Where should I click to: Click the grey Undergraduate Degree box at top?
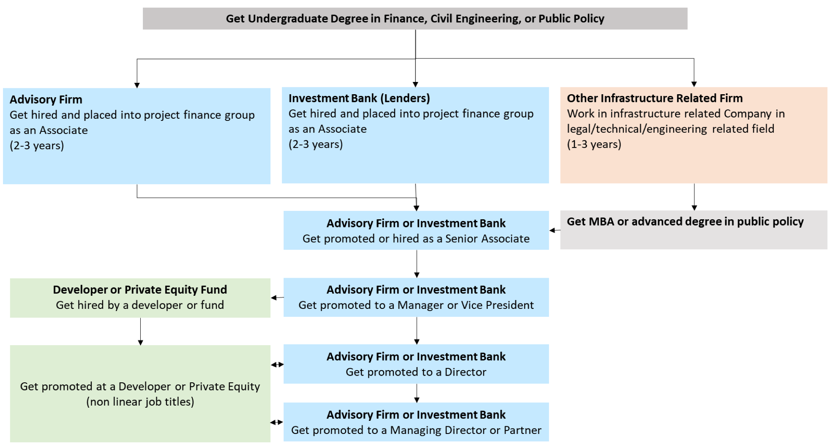coord(415,19)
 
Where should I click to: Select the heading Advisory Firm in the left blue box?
coord(46,100)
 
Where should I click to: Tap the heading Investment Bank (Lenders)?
coord(359,98)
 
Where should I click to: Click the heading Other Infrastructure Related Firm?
coord(654,98)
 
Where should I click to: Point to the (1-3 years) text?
coord(594,144)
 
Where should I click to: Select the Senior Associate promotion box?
coord(416,231)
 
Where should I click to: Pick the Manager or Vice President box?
coord(416,297)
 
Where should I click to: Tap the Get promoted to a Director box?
coord(416,364)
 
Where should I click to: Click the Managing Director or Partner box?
coord(416,422)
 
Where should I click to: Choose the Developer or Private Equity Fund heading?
coord(140,290)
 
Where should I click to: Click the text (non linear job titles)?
coord(140,402)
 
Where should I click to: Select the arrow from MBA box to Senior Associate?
coord(554,230)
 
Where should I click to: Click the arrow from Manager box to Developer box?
coord(277,297)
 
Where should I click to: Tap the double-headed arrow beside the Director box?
coord(277,365)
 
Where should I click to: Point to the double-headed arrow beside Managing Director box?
coord(276,422)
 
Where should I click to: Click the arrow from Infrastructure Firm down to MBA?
coord(694,197)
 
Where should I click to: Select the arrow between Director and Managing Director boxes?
coord(417,393)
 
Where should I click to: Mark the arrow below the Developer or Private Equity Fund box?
coord(140,332)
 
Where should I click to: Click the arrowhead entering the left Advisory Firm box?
coord(137,85)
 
